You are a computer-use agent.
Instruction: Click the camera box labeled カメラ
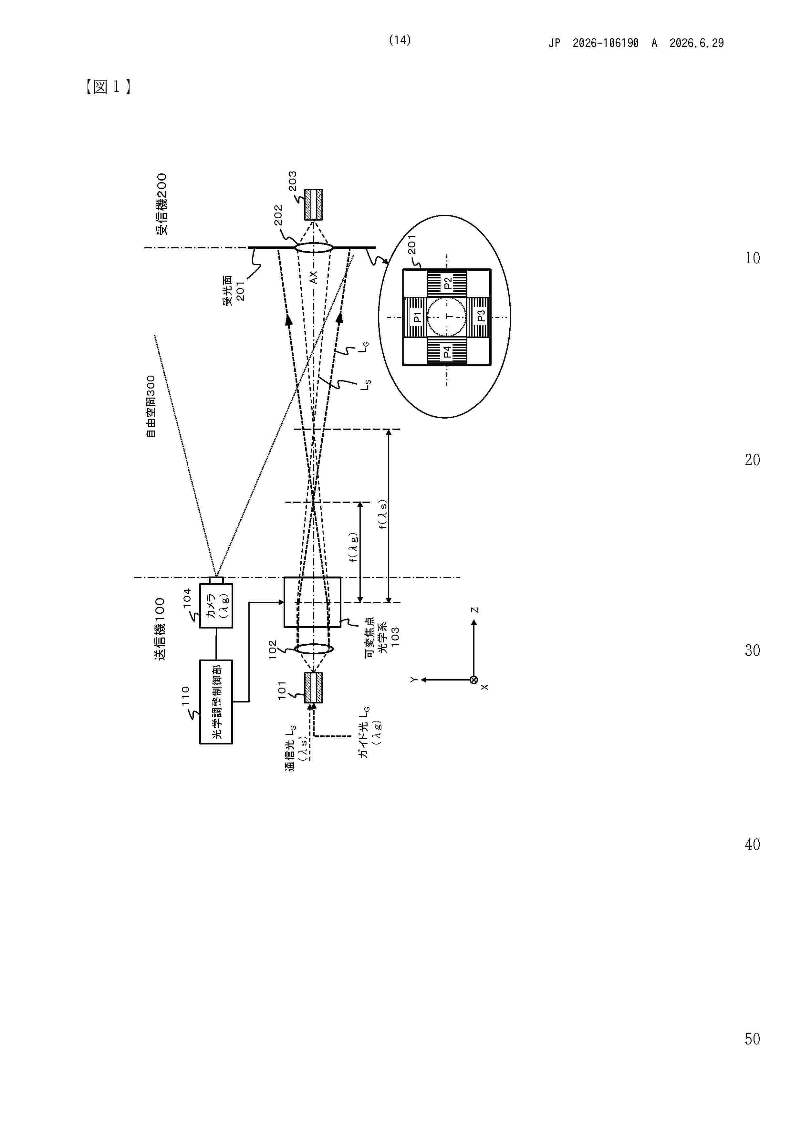tap(216, 606)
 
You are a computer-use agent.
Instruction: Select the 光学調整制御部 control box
tap(216, 702)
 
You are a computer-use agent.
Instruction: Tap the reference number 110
tap(186, 696)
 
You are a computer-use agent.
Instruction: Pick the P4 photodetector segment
tap(447, 351)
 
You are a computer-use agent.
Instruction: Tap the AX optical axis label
tap(313, 277)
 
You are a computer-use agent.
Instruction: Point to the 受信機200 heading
tap(161, 203)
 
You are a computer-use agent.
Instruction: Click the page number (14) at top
tap(400, 40)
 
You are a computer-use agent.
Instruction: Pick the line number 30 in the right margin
tap(752, 651)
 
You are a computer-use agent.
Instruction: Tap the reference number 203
tap(293, 181)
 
